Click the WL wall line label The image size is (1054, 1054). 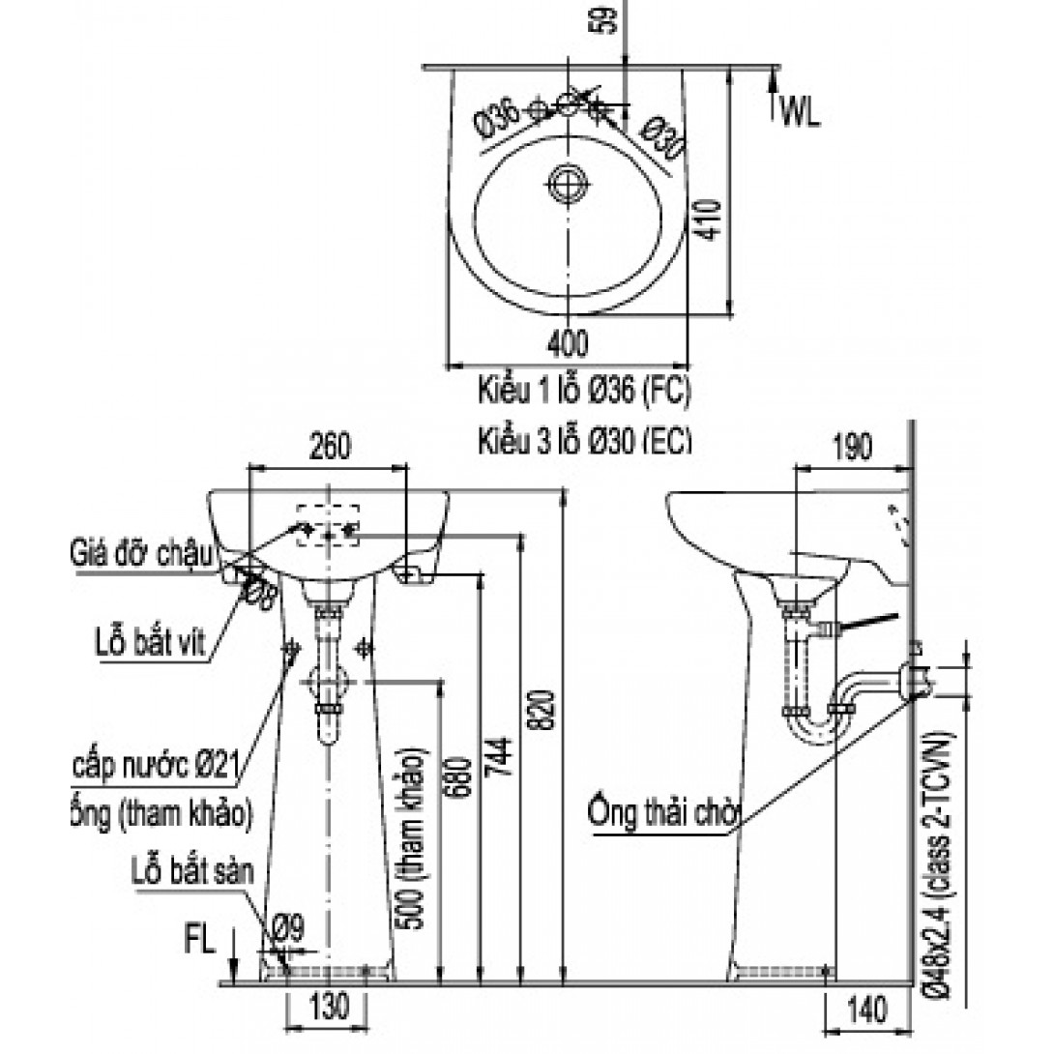[801, 113]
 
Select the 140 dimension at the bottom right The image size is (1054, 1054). [869, 1010]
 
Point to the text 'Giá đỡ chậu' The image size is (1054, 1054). [140, 555]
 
